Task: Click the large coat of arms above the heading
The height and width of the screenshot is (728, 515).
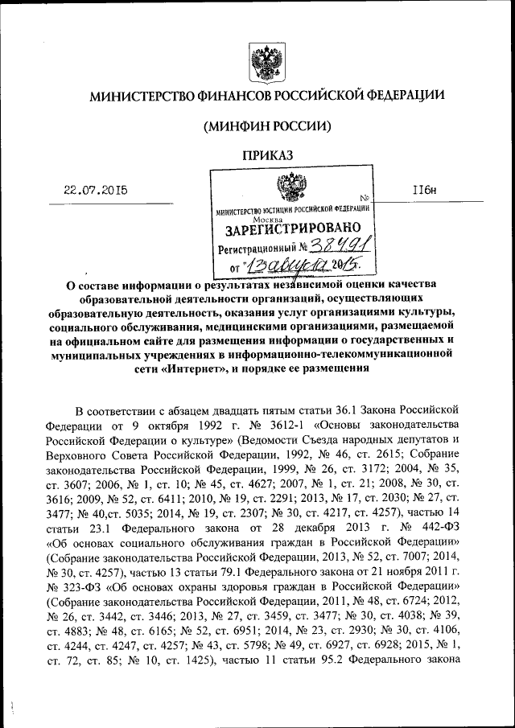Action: [265, 64]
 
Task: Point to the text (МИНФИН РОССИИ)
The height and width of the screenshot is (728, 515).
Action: [266, 126]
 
